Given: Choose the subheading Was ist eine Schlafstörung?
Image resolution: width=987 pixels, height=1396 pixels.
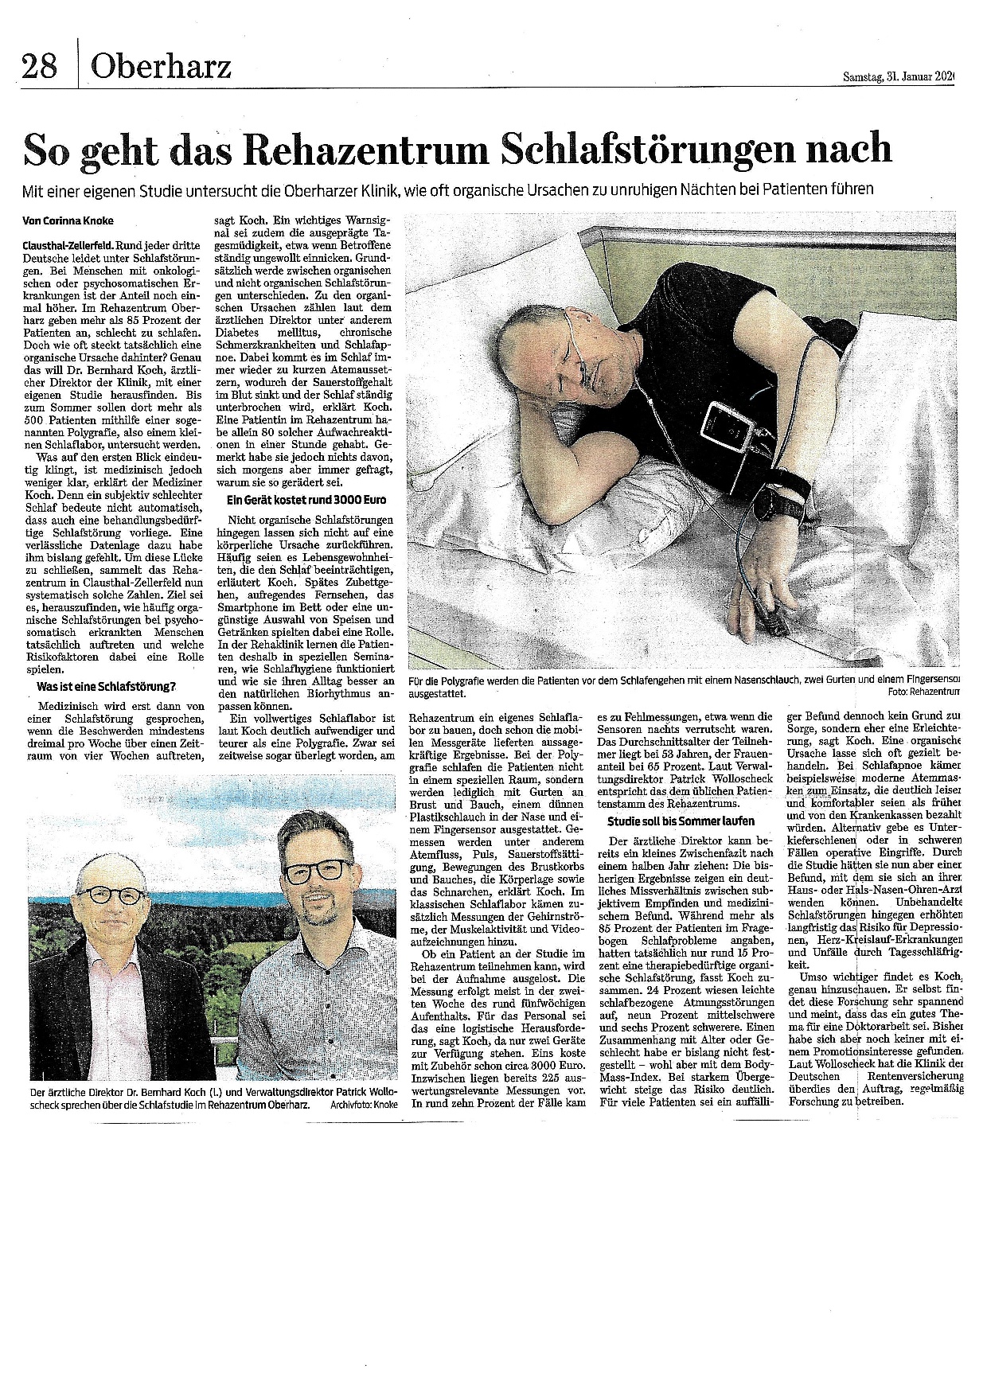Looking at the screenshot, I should coord(107,687).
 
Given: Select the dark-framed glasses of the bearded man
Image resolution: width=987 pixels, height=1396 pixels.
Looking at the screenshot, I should coord(317,870).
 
